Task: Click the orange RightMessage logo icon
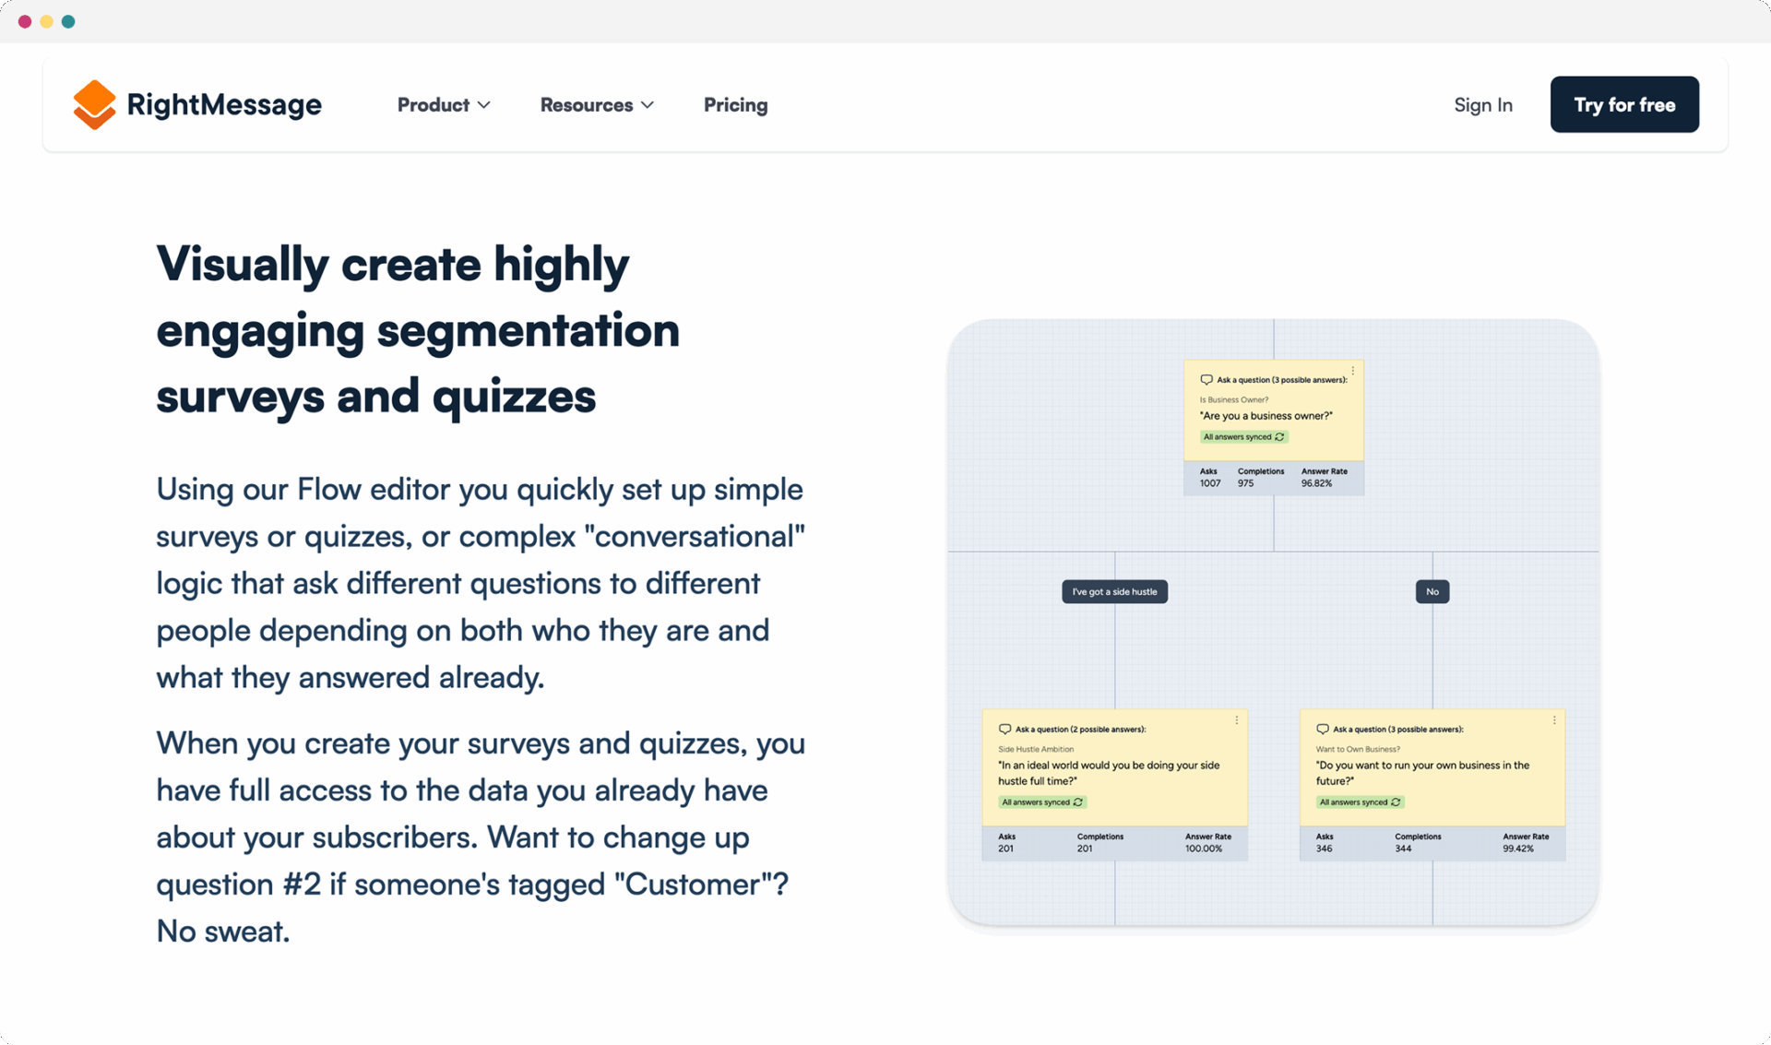[x=94, y=104]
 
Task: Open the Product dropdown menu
[x=444, y=105]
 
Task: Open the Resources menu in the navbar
[x=597, y=105]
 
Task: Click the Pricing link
[x=735, y=105]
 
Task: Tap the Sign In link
[x=1483, y=105]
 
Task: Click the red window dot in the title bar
[x=25, y=21]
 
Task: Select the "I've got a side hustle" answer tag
[x=1114, y=591]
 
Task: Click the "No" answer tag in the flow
[x=1432, y=591]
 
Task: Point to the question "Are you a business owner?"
[x=1266, y=416]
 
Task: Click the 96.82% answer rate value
[x=1316, y=483]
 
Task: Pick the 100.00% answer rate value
[x=1204, y=849]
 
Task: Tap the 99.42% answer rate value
[x=1518, y=849]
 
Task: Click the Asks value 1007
[x=1210, y=483]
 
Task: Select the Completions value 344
[x=1403, y=849]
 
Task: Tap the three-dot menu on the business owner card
[x=1353, y=371]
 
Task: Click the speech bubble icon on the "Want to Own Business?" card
[x=1323, y=729]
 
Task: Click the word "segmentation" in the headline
[x=528, y=331]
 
